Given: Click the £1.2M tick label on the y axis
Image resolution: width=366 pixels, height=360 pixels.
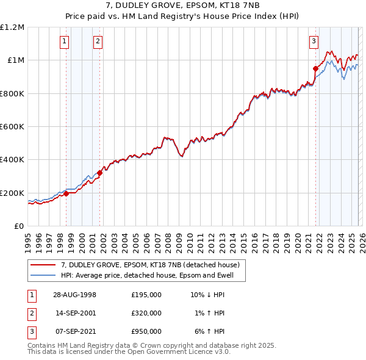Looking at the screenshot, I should (12, 27).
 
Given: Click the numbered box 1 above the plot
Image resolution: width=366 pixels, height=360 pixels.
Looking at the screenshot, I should (65, 41).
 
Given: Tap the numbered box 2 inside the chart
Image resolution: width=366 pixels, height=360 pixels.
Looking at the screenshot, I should (98, 41).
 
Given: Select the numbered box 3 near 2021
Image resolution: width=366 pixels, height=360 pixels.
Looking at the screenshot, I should (314, 41).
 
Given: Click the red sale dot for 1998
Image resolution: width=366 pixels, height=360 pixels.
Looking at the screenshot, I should (66, 194).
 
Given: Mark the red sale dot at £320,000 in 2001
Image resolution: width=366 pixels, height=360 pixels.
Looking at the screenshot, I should (99, 173).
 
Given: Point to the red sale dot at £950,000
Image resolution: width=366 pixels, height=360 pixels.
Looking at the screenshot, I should (315, 69).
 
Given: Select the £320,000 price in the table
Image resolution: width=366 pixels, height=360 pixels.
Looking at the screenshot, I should (146, 313).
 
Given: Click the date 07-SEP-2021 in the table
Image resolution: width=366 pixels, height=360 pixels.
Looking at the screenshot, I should (74, 331).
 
